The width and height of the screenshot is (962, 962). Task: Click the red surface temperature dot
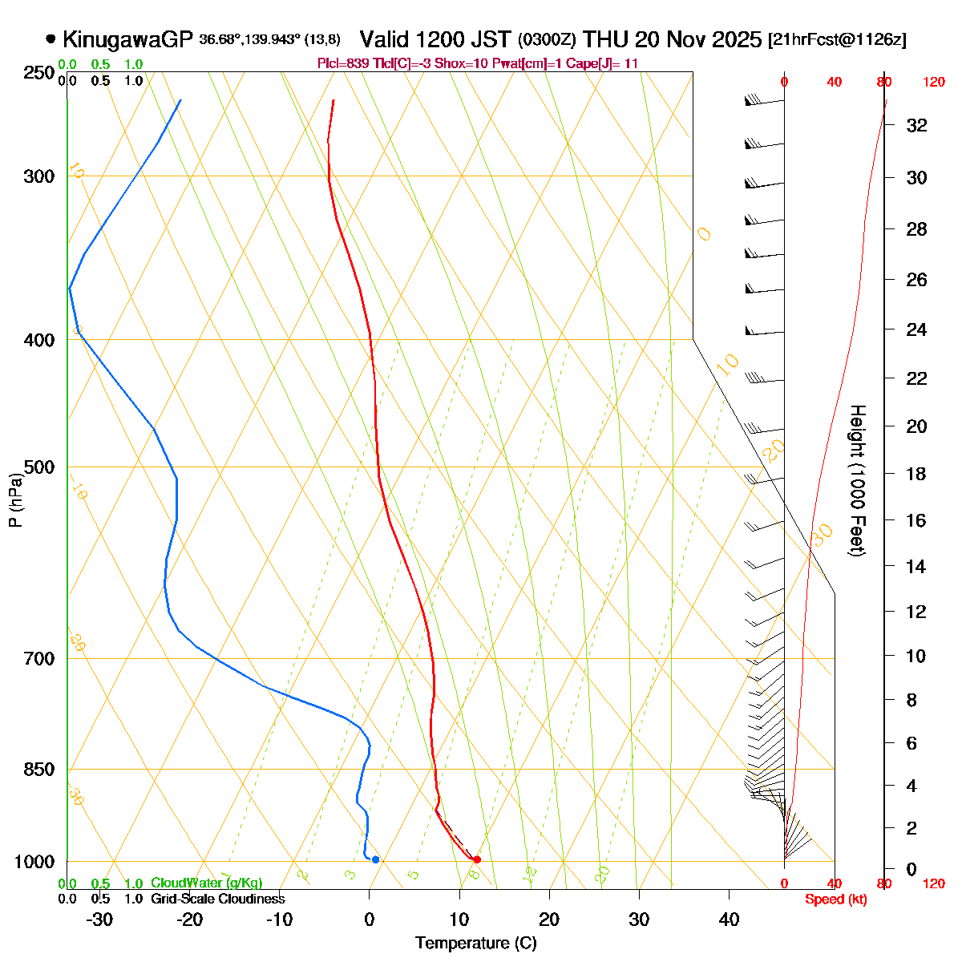coord(477,859)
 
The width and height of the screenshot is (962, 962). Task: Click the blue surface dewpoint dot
coord(375,859)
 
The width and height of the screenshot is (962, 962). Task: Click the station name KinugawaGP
coord(127,39)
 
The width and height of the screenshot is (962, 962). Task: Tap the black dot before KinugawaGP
coord(51,38)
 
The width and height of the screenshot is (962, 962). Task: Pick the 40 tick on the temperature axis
coord(729,920)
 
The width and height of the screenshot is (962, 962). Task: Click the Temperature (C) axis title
coord(475,943)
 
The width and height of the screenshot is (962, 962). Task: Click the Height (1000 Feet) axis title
coord(857,481)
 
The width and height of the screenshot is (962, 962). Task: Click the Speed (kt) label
coord(836,899)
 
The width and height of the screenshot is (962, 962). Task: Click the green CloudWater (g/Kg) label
coord(206,883)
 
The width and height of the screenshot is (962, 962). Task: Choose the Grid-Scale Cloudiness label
coord(217,899)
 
